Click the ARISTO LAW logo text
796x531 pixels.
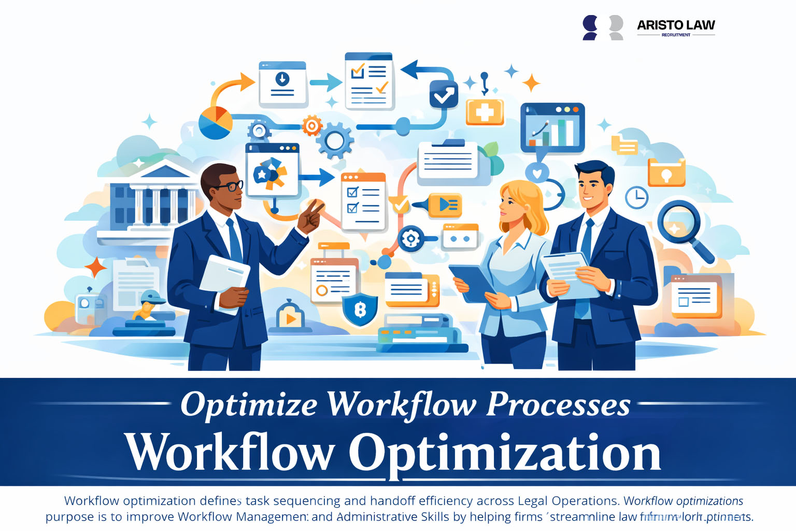click(x=676, y=25)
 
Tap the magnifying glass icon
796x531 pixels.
click(x=679, y=223)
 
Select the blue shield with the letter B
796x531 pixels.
click(x=360, y=310)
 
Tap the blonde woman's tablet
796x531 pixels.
click(x=471, y=283)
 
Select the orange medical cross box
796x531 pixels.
click(x=485, y=112)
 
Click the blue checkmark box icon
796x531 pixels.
click(x=444, y=95)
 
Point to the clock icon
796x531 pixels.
click(x=636, y=197)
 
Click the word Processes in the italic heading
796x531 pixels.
click(x=558, y=404)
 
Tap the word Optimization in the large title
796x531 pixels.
click(x=504, y=453)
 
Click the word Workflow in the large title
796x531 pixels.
click(x=230, y=453)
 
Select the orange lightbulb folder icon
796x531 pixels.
click(x=666, y=173)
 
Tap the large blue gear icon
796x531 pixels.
click(x=335, y=140)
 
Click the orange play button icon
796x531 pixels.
click(x=290, y=317)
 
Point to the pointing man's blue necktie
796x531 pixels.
click(x=235, y=240)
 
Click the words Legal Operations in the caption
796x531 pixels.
click(x=567, y=501)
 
